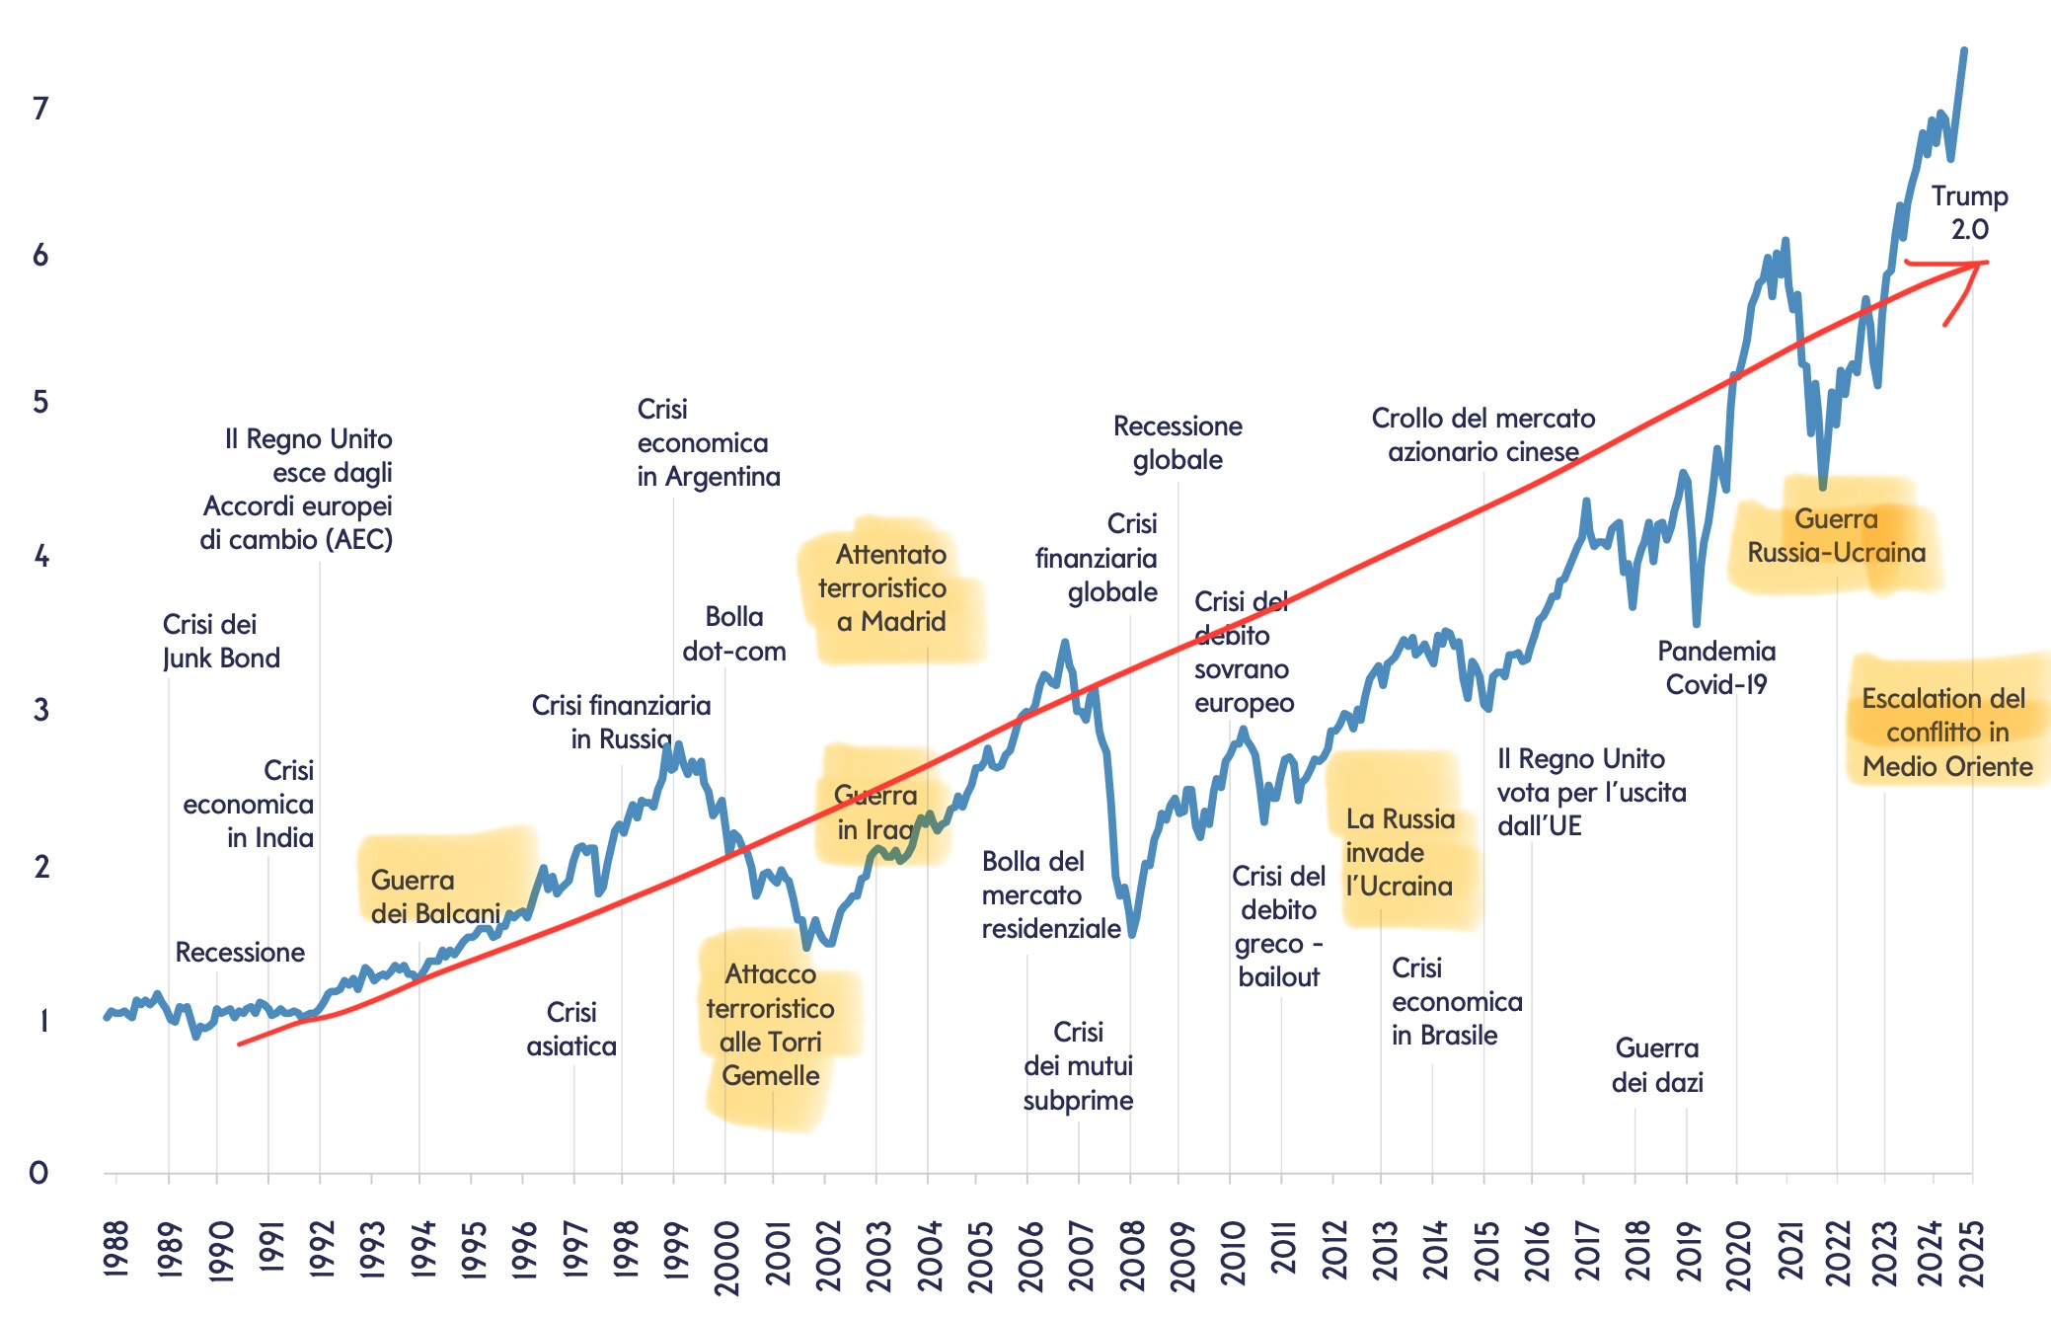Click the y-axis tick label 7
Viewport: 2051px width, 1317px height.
point(40,109)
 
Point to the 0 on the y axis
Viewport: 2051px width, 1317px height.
point(38,1173)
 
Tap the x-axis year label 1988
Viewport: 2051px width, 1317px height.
point(116,1250)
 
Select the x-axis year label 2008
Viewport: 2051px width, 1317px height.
point(1132,1255)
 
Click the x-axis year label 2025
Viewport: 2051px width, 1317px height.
point(1972,1255)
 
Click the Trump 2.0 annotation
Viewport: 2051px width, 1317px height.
point(1969,212)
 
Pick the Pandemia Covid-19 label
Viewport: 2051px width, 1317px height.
point(1716,667)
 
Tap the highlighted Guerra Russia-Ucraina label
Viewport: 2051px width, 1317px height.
point(1836,535)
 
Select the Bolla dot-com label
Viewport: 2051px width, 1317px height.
point(733,634)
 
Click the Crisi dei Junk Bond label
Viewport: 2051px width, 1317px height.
point(220,641)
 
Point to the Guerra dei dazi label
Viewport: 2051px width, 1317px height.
point(1657,1065)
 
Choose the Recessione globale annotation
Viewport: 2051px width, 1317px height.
point(1177,442)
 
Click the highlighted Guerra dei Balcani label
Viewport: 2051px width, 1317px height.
point(435,896)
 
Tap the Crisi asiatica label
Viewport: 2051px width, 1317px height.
point(571,1029)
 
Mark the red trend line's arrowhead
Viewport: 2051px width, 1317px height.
point(1979,265)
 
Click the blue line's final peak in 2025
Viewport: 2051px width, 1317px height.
point(1964,50)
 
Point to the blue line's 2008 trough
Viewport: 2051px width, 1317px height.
point(1132,933)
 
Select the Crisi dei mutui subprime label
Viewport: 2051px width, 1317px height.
point(1078,1066)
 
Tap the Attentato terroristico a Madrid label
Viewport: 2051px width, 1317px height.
point(891,587)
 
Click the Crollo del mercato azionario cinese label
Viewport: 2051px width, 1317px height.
point(1482,434)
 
